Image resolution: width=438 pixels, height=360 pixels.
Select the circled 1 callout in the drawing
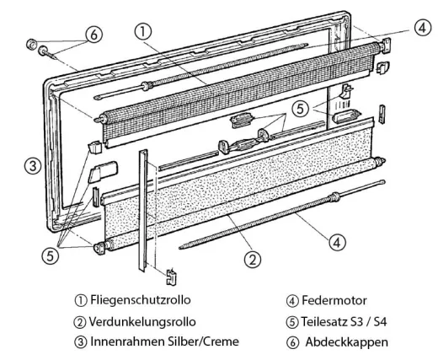click(x=145, y=30)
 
